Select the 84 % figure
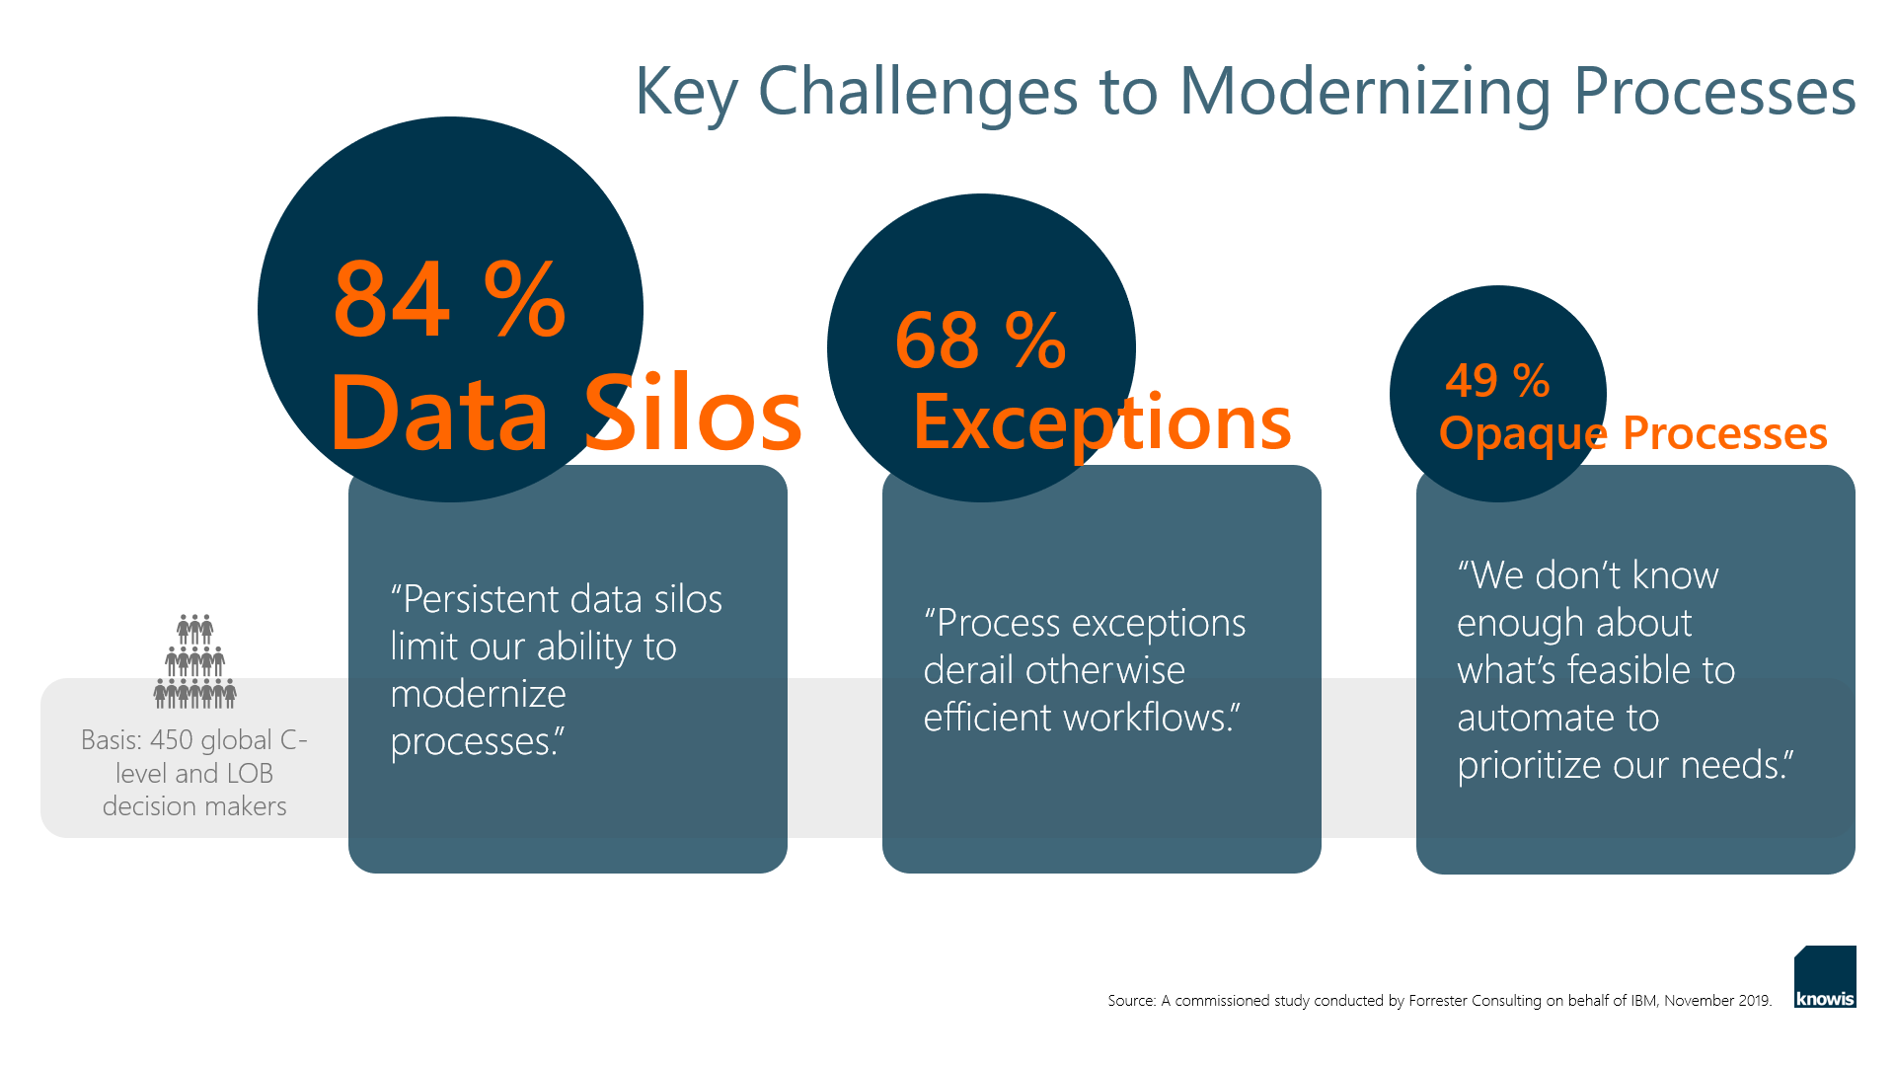[x=449, y=298]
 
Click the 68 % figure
[x=980, y=340]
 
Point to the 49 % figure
[x=1497, y=380]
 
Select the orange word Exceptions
[x=1102, y=422]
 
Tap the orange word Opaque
[x=1523, y=434]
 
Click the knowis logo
[x=1825, y=976]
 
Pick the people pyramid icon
[x=194, y=661]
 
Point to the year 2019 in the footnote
[x=1754, y=1001]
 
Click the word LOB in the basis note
[x=250, y=774]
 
